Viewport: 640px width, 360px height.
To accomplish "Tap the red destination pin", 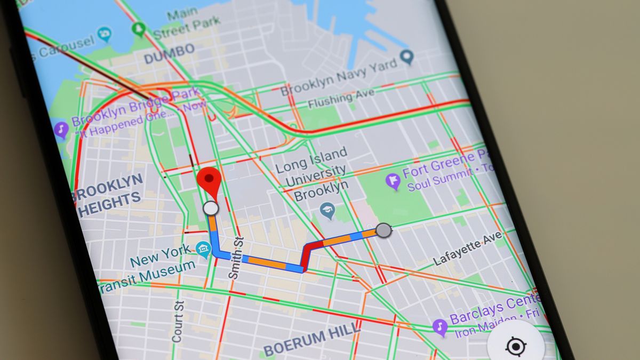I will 209,180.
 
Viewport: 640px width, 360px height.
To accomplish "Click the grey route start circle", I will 383,230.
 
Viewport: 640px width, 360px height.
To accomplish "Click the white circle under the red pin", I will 211,209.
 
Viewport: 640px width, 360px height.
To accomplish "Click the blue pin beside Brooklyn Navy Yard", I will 407,56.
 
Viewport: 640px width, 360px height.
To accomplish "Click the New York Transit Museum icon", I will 203,249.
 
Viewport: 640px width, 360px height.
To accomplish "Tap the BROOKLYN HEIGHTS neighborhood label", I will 109,195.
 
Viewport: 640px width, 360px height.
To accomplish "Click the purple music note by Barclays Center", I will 440,326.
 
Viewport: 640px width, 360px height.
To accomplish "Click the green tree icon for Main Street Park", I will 140,29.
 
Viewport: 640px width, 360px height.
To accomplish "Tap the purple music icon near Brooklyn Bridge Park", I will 62,129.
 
